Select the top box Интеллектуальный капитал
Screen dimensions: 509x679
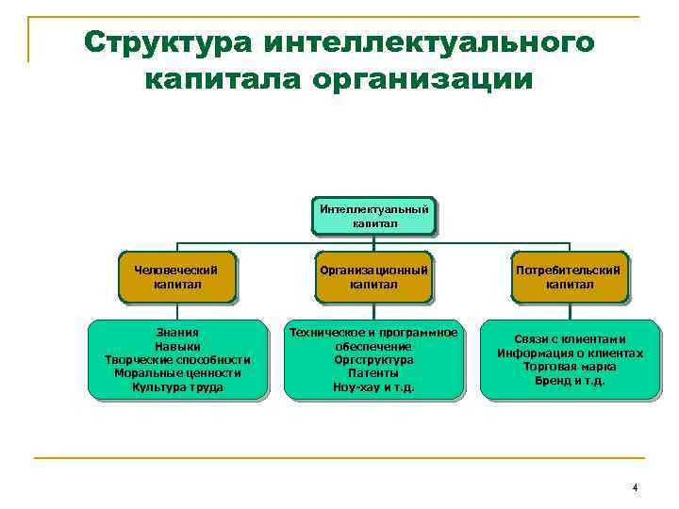point(374,216)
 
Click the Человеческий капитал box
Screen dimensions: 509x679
point(177,276)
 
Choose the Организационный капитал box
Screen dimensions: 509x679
point(374,276)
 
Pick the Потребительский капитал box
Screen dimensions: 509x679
point(570,276)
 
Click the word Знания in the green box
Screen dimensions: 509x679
point(177,333)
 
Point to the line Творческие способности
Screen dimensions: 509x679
point(177,359)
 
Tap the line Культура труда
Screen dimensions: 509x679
point(177,386)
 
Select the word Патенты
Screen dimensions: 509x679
point(374,373)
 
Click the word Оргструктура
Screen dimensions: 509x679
point(374,360)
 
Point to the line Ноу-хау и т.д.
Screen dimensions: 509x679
point(374,386)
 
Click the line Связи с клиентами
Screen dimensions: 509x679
point(570,339)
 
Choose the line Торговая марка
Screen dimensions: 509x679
point(570,367)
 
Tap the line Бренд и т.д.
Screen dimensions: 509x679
point(570,381)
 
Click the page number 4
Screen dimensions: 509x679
point(635,487)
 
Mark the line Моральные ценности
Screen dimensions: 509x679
point(177,372)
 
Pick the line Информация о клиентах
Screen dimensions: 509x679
point(570,353)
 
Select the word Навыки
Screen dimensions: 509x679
point(177,346)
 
